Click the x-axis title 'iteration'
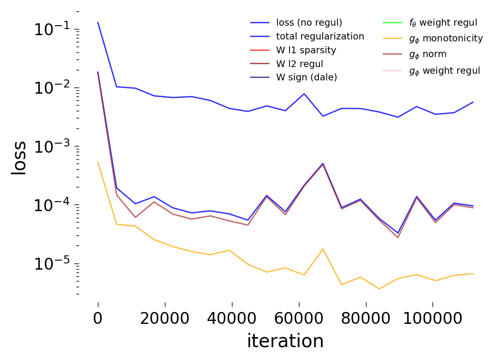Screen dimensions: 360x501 [x=285, y=341]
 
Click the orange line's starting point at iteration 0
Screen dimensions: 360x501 [x=98, y=162]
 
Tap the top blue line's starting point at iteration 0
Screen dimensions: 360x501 [x=98, y=22]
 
